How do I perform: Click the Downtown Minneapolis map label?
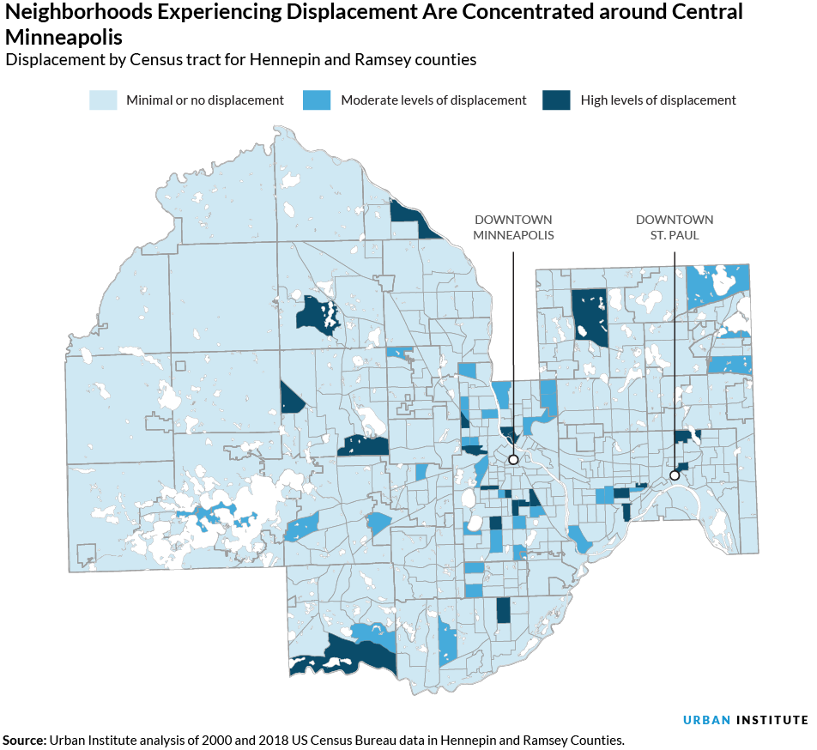pyautogui.click(x=513, y=227)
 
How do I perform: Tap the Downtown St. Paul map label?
pyautogui.click(x=675, y=227)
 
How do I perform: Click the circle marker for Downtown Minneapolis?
pyautogui.click(x=513, y=459)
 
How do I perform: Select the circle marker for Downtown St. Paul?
pyautogui.click(x=675, y=475)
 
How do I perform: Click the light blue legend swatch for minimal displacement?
pyautogui.click(x=103, y=100)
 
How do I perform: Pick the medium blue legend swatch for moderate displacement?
pyautogui.click(x=316, y=100)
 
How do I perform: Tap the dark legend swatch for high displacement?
pyautogui.click(x=556, y=100)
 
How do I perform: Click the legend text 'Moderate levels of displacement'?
pyautogui.click(x=433, y=100)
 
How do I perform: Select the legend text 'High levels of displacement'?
pyautogui.click(x=658, y=100)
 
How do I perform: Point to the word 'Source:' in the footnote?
pyautogui.click(x=24, y=740)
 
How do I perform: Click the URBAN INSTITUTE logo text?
pyautogui.click(x=745, y=719)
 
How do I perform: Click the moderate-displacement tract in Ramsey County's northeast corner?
pyautogui.click(x=719, y=283)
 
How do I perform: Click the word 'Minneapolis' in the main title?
pyautogui.click(x=64, y=38)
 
